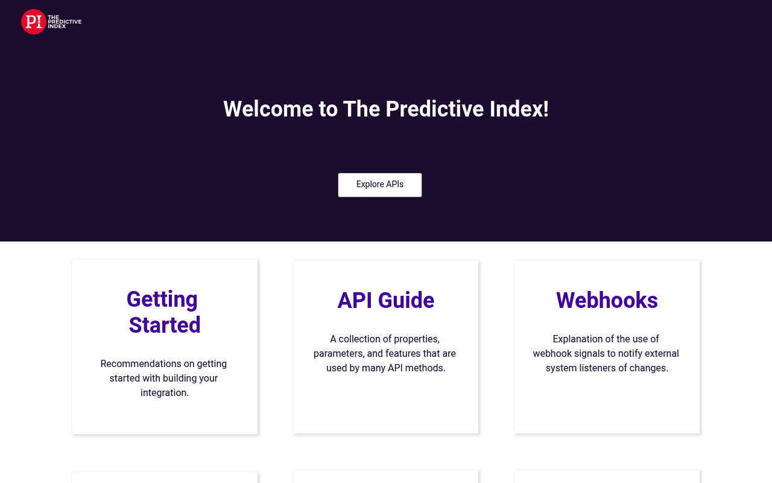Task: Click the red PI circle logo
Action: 33,22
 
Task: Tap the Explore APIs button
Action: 380,185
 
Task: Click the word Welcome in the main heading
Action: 268,109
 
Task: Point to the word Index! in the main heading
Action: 519,109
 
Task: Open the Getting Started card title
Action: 163,312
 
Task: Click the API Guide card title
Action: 385,300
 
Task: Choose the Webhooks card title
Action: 607,300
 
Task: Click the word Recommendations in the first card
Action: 141,363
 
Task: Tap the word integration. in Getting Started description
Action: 165,392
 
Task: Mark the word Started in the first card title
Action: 165,325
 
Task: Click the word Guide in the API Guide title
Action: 406,300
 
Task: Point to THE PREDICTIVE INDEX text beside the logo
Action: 65,22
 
